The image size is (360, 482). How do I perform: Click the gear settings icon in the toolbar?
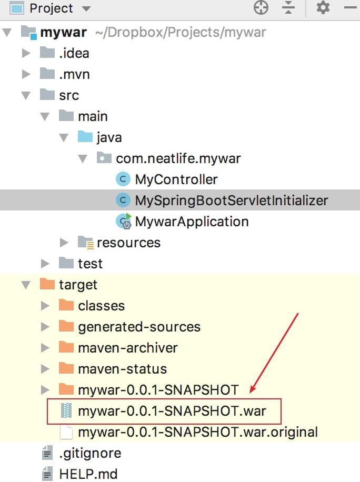tap(323, 8)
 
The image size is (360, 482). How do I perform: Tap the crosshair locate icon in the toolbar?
tap(261, 8)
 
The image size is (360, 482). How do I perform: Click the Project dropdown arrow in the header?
tap(86, 8)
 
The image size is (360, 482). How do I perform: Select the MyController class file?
tap(176, 179)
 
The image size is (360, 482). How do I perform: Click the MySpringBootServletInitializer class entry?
tap(232, 200)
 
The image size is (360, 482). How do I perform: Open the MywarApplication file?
tap(192, 222)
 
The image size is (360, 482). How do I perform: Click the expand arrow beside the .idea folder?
tap(26, 53)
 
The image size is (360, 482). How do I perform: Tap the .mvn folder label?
tap(74, 74)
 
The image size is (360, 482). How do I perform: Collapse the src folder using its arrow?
tap(26, 95)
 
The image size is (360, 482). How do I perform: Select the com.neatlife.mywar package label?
tap(178, 158)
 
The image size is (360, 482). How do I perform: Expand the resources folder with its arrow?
tap(64, 243)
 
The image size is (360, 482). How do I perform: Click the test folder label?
tap(90, 264)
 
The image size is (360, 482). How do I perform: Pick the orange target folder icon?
tap(47, 284)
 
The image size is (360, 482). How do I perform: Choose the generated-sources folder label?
tap(139, 327)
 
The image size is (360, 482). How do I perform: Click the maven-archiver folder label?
tap(128, 348)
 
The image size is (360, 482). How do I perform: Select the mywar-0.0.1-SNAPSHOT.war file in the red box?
tap(172, 411)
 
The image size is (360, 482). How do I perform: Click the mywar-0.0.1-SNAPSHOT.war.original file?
tap(198, 432)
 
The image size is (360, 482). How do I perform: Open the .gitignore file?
tap(90, 454)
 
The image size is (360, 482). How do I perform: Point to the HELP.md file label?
tap(88, 474)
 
